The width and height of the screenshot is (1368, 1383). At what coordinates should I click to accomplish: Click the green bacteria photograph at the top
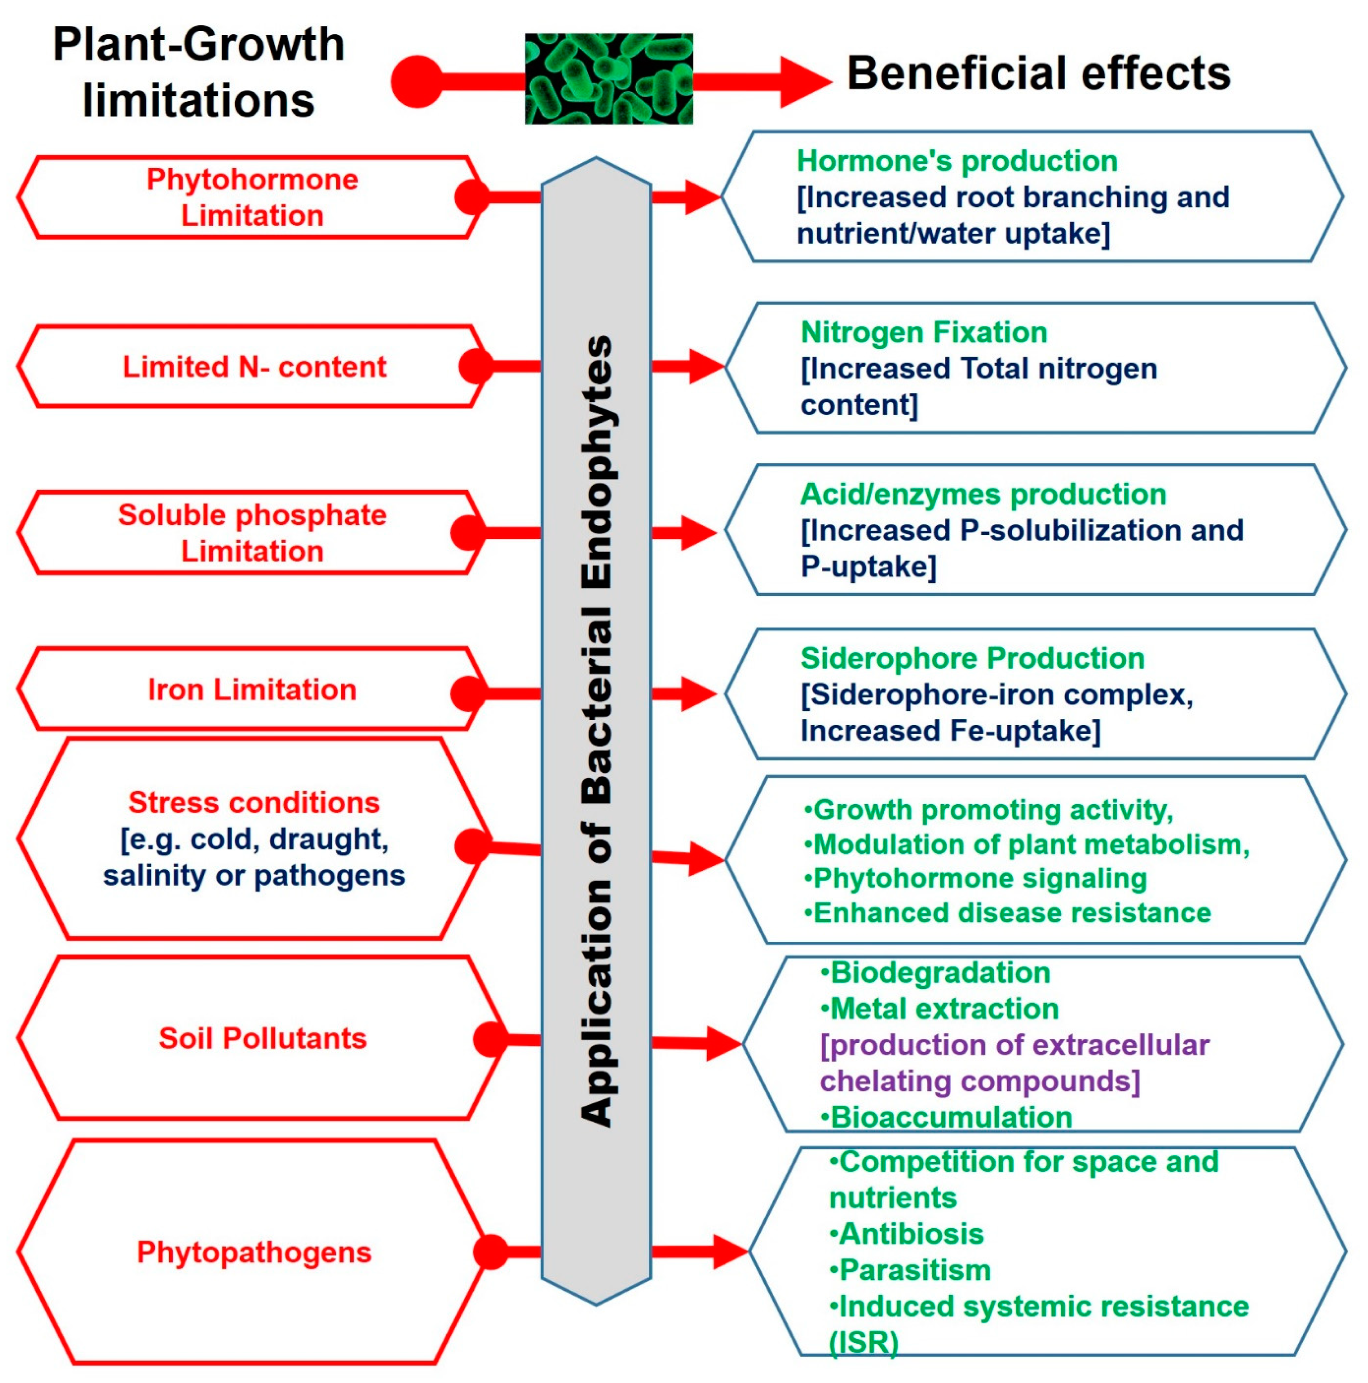(609, 78)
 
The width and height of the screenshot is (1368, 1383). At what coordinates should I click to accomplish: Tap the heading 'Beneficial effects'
(1038, 74)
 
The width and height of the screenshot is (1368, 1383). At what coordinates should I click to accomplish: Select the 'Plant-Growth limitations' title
(198, 71)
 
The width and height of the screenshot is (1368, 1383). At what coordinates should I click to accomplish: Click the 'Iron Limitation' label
(252, 689)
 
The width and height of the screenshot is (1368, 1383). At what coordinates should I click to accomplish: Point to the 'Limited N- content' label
(254, 367)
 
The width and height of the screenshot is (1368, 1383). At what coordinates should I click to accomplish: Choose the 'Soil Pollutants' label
(262, 1038)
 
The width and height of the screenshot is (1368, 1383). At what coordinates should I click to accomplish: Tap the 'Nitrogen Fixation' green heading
(924, 332)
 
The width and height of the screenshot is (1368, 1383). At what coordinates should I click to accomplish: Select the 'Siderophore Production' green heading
(972, 658)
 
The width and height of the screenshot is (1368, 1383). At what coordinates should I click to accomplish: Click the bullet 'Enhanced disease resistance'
(1011, 913)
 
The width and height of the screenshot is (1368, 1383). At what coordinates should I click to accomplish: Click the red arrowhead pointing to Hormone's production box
(702, 197)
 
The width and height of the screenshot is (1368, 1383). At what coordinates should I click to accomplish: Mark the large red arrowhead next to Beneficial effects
(803, 81)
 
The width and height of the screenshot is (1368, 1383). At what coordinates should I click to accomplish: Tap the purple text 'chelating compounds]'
(979, 1081)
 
